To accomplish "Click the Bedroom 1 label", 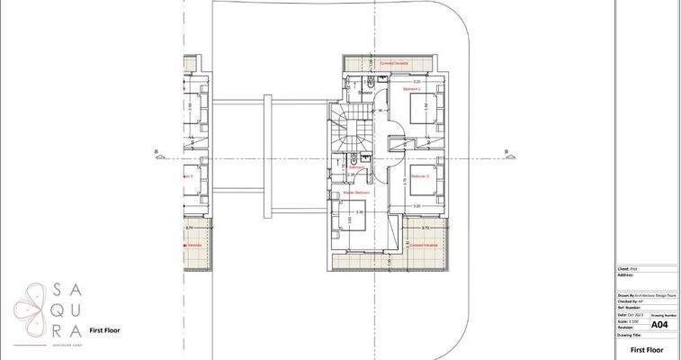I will [412, 90].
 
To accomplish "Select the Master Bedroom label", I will [357, 193].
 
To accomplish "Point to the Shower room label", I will [365, 93].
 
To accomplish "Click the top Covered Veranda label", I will [393, 64].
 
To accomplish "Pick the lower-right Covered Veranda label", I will [423, 244].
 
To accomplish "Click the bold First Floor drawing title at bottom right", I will [647, 348].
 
